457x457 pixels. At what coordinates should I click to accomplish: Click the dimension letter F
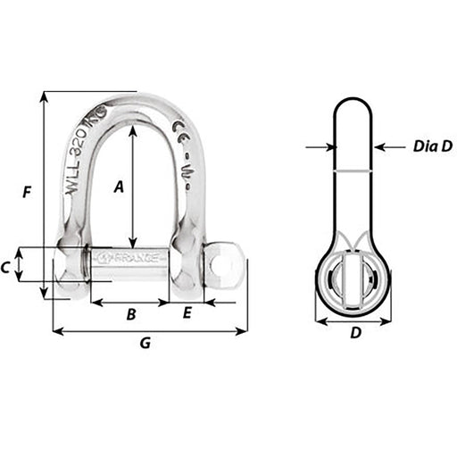pyautogui.click(x=28, y=192)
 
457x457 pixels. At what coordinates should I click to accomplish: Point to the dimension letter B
pyautogui.click(x=129, y=314)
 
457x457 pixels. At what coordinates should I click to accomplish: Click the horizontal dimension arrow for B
pyautogui.click(x=129, y=303)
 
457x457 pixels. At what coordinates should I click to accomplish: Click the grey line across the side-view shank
pyautogui.click(x=354, y=170)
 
